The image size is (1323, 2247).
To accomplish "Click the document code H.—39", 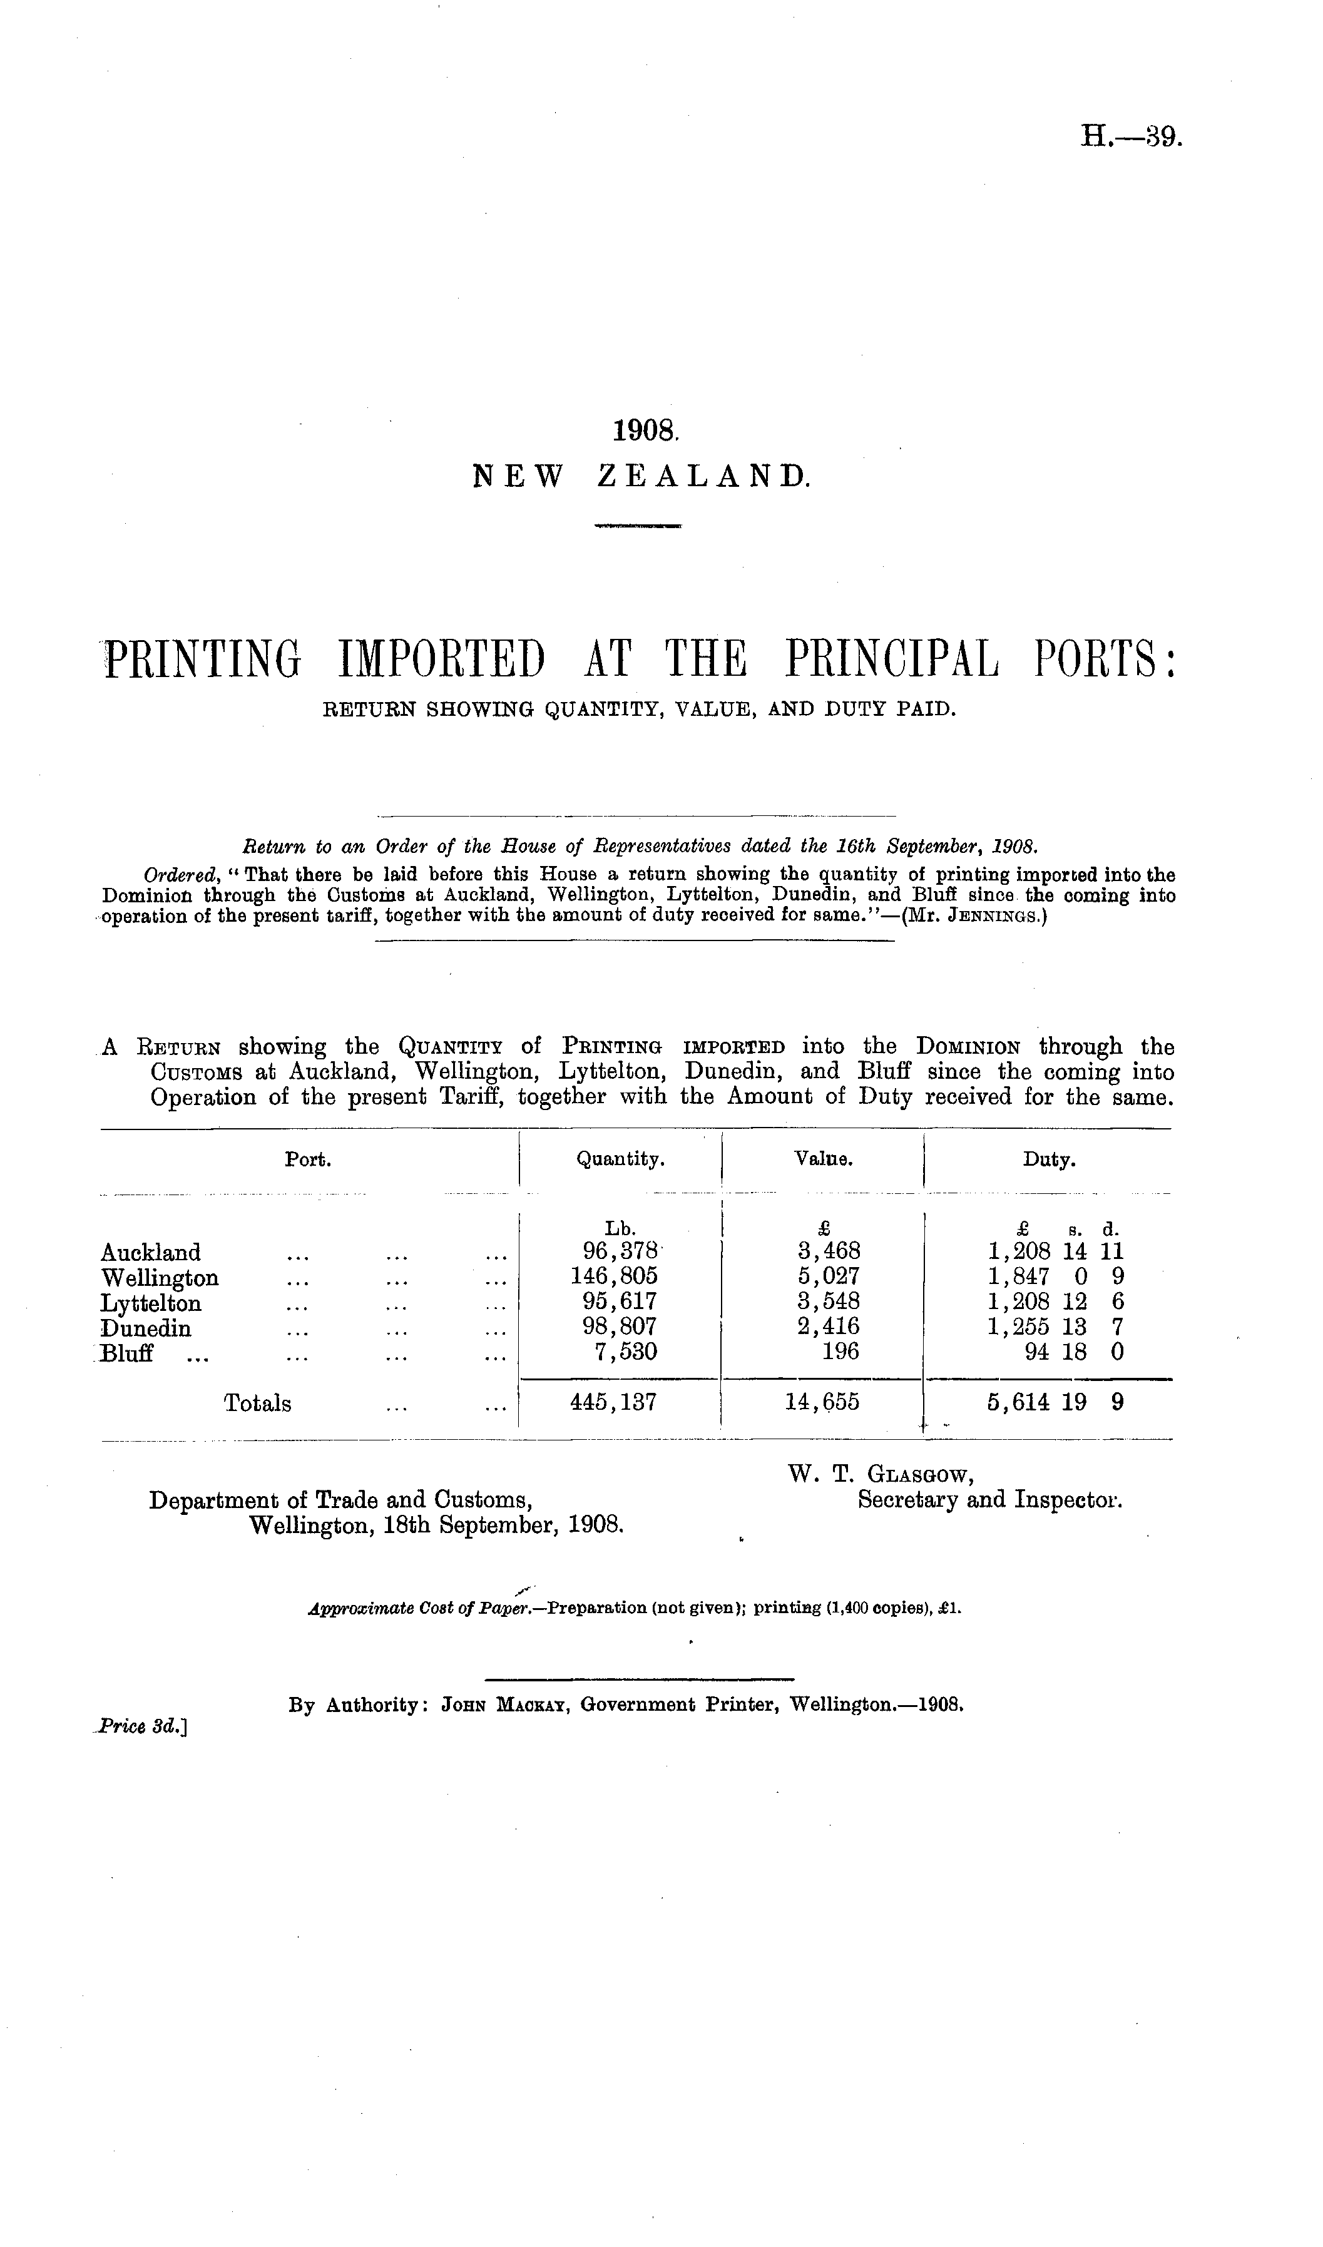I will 1130,136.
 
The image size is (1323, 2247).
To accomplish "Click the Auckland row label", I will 151,1252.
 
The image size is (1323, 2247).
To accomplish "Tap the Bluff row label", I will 128,1353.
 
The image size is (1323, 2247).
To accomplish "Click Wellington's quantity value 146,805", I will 615,1277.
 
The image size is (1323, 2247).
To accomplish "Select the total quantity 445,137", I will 613,1403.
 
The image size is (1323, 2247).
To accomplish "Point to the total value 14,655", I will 822,1403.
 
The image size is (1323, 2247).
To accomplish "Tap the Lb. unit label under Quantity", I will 620,1228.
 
